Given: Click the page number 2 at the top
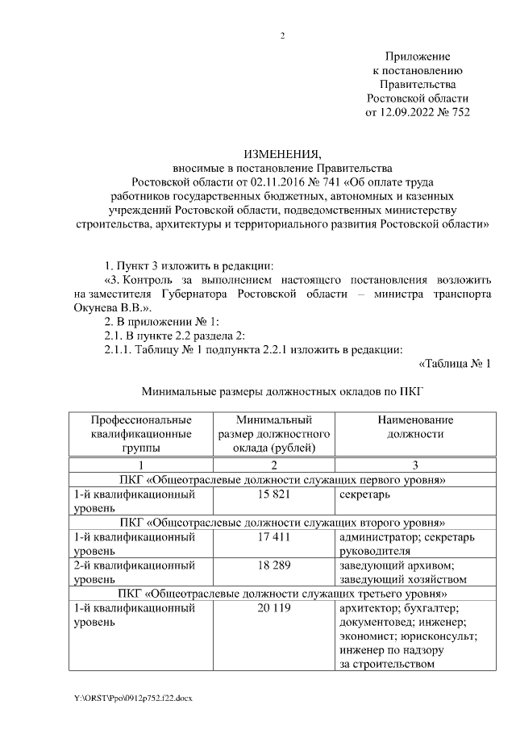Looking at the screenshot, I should tap(282, 35).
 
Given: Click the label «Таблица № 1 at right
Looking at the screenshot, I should tap(455, 363).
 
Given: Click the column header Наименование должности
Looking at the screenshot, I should tap(414, 427).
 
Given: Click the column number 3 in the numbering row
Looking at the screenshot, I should tap(414, 464).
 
